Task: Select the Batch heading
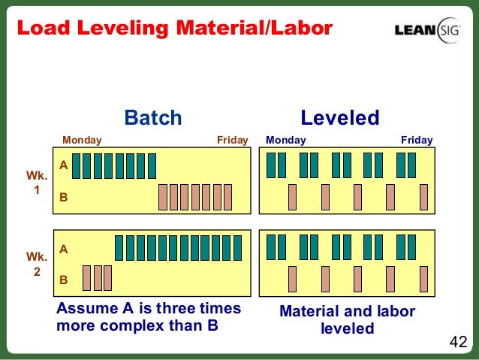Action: [x=153, y=118]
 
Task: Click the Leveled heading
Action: [x=339, y=118]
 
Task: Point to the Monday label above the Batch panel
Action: [x=82, y=140]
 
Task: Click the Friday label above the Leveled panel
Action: [x=417, y=140]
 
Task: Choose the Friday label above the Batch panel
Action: [x=232, y=140]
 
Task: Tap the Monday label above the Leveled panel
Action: [x=286, y=140]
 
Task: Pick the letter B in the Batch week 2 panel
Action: [x=64, y=280]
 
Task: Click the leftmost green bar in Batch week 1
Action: [x=77, y=165]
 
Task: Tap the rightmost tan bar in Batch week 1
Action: [x=228, y=197]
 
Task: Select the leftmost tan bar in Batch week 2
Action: [x=86, y=277]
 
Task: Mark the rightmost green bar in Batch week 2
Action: [x=238, y=247]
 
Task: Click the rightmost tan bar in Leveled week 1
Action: [x=423, y=197]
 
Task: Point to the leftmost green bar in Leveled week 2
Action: [x=271, y=247]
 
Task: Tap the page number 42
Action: [x=458, y=343]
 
